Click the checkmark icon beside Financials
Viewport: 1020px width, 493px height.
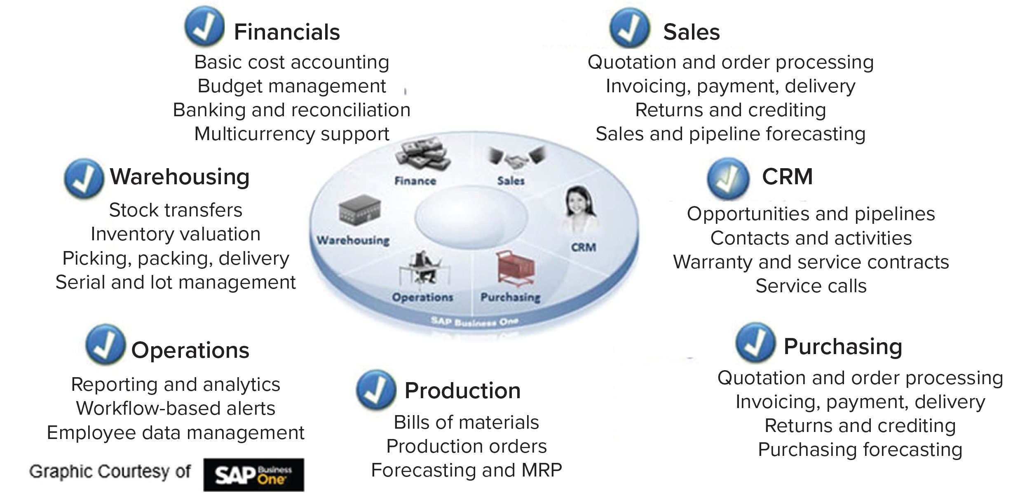[204, 26]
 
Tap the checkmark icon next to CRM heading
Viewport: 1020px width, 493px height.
[728, 178]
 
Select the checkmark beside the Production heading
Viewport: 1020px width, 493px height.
[376, 389]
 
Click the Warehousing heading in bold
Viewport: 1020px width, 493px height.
[180, 177]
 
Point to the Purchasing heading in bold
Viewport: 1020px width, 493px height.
[843, 346]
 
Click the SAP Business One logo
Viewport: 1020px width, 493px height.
[253, 474]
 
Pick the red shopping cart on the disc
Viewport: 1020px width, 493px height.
[515, 269]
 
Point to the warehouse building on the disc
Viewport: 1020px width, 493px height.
[359, 211]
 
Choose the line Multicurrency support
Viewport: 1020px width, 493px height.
[292, 134]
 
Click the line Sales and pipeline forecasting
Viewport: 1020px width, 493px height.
[730, 134]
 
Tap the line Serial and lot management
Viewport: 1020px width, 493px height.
[176, 282]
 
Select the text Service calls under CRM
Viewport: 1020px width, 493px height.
[811, 286]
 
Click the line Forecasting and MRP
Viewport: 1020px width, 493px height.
[466, 470]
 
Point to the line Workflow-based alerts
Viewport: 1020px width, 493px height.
[176, 408]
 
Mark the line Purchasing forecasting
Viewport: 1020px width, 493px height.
[860, 450]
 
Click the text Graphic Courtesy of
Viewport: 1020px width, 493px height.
[110, 472]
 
